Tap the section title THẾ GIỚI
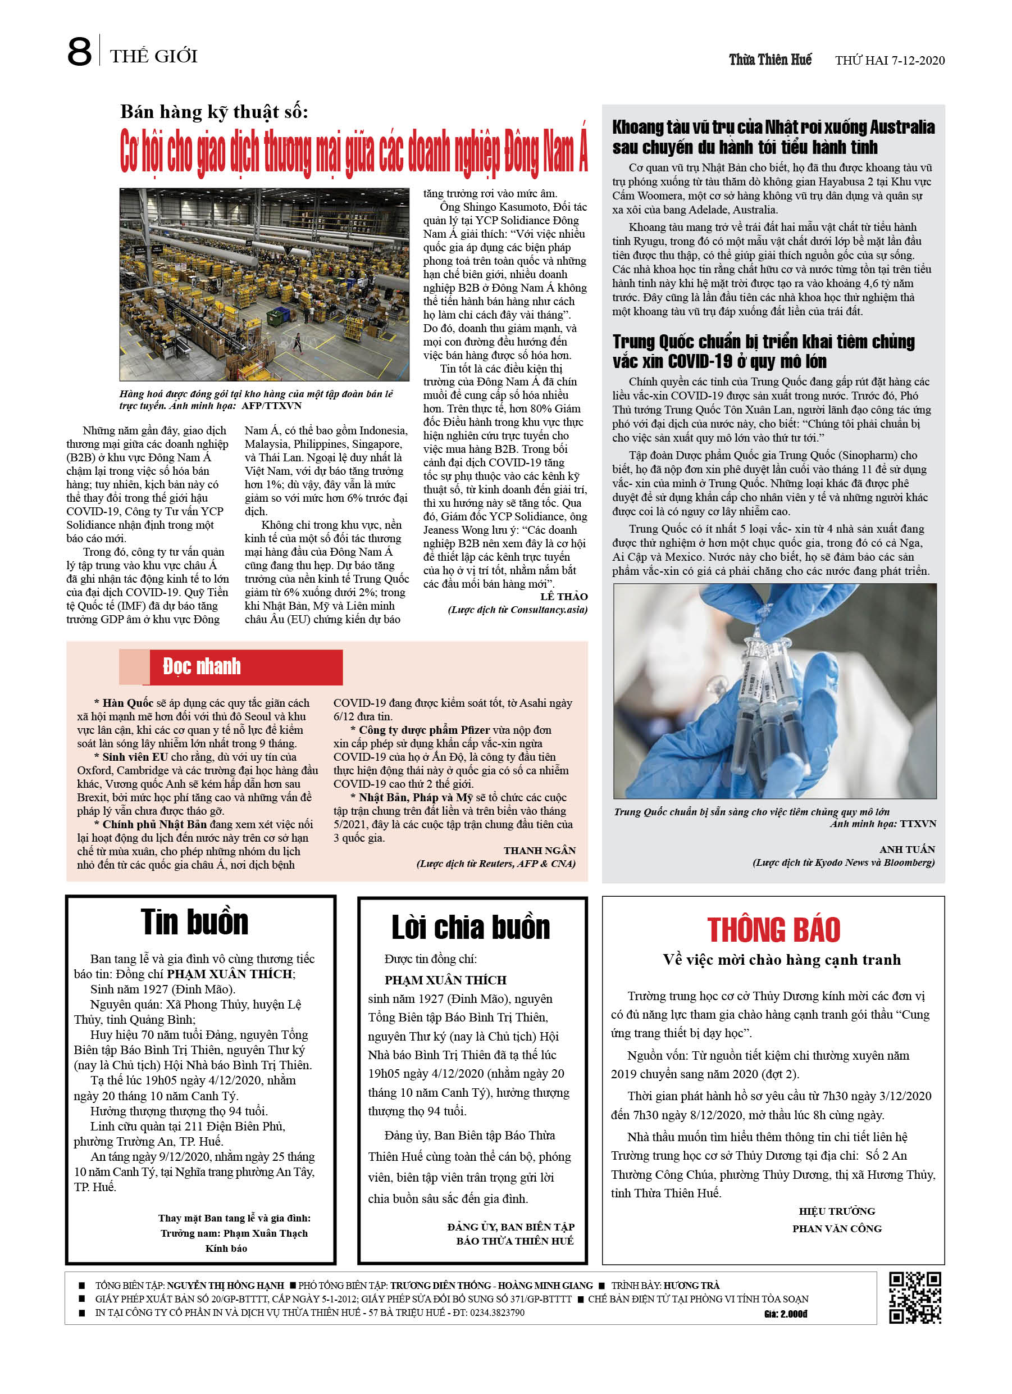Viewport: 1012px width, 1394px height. point(154,57)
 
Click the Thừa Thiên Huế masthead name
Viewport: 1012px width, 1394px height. point(770,60)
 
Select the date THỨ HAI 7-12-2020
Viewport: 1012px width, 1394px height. point(889,60)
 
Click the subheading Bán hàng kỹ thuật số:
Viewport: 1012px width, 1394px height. point(214,112)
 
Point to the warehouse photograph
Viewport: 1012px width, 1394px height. point(264,284)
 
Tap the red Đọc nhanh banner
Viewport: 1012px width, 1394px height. point(246,667)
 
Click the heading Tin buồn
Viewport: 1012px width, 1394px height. point(194,922)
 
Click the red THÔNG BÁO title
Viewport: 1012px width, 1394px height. point(773,930)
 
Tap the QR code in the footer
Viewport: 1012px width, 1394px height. point(914,1297)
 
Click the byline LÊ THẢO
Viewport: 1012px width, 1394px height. point(563,597)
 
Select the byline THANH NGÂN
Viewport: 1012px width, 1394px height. point(540,851)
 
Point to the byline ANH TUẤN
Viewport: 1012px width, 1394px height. point(906,850)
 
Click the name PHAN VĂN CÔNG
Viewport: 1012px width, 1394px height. point(836,1229)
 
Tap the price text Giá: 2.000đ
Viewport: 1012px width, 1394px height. point(785,1314)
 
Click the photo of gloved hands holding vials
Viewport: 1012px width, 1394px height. point(774,691)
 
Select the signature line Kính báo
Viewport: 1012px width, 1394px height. point(226,1248)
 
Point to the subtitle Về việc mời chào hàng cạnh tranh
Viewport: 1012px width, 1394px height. point(782,960)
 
